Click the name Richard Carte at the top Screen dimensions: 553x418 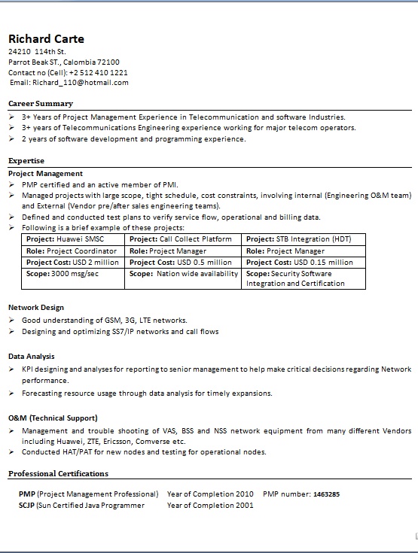[x=46, y=39]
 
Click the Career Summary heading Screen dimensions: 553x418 [x=41, y=103]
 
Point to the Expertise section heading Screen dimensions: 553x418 [x=26, y=160]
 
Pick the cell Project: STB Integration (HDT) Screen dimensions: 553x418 [x=299, y=239]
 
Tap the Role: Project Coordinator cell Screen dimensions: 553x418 [x=72, y=251]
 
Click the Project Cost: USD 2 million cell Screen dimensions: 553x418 [x=72, y=263]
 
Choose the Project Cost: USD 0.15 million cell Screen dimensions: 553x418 [x=300, y=263]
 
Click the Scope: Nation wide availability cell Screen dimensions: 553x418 [x=184, y=274]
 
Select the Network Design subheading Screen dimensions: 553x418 [x=36, y=307]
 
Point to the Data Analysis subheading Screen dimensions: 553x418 [x=32, y=356]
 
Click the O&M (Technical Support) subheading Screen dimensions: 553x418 [x=53, y=418]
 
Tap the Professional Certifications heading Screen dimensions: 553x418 [x=58, y=473]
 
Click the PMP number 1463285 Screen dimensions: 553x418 [x=326, y=494]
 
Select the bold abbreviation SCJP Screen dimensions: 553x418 [x=27, y=506]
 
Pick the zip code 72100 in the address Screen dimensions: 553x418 [x=107, y=62]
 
